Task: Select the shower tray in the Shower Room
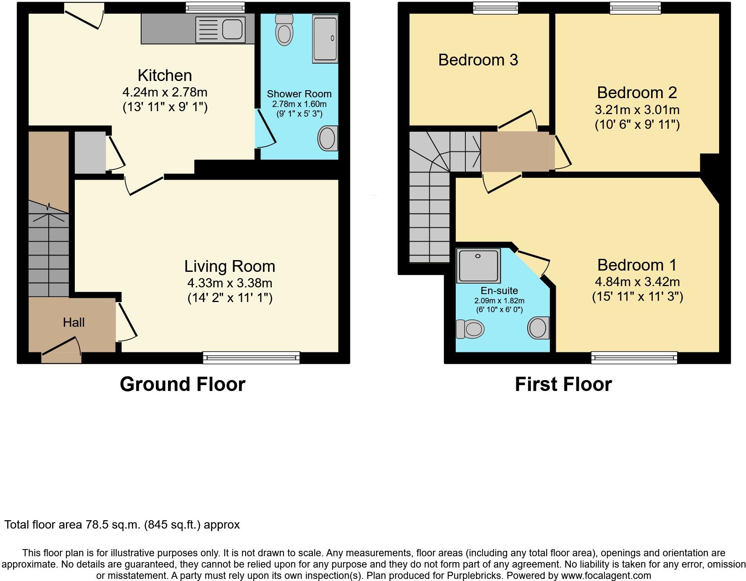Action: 325,39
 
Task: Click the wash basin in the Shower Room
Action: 328,138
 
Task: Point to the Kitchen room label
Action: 165,76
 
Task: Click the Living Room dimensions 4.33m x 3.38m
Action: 230,283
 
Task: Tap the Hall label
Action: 74,322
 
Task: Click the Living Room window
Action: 251,357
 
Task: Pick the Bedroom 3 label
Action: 478,60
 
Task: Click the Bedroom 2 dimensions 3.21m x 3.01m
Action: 637,110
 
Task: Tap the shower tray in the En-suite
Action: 478,266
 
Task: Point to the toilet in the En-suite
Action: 470,329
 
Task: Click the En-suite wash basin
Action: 538,328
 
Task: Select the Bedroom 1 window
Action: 634,357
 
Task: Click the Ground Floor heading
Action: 182,384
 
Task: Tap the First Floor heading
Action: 563,384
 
